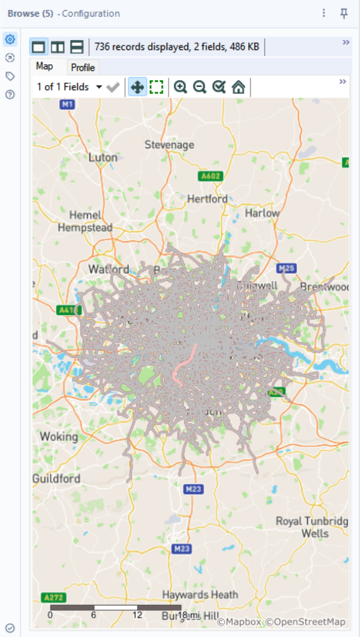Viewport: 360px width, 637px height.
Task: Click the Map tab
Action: pyautogui.click(x=44, y=67)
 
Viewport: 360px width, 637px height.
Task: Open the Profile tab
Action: pyautogui.click(x=83, y=68)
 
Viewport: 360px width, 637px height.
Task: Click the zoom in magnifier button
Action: pyautogui.click(x=180, y=87)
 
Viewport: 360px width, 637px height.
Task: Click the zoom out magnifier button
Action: pyautogui.click(x=199, y=87)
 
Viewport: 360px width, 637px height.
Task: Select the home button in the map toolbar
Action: pyautogui.click(x=238, y=87)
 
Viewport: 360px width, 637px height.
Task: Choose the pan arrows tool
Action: pyautogui.click(x=137, y=87)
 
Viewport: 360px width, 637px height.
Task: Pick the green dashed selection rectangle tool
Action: pyautogui.click(x=157, y=87)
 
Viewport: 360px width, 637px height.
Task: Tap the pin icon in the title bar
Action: pyautogui.click(x=344, y=13)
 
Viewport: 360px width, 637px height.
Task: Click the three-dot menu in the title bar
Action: pyautogui.click(x=324, y=13)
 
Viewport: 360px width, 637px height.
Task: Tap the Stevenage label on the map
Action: pyautogui.click(x=169, y=145)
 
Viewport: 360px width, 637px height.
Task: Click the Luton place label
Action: pyautogui.click(x=103, y=157)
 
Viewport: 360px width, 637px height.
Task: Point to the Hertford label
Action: pyautogui.click(x=207, y=199)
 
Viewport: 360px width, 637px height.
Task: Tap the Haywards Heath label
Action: pyautogui.click(x=200, y=594)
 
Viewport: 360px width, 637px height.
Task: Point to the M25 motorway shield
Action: pyautogui.click(x=286, y=268)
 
